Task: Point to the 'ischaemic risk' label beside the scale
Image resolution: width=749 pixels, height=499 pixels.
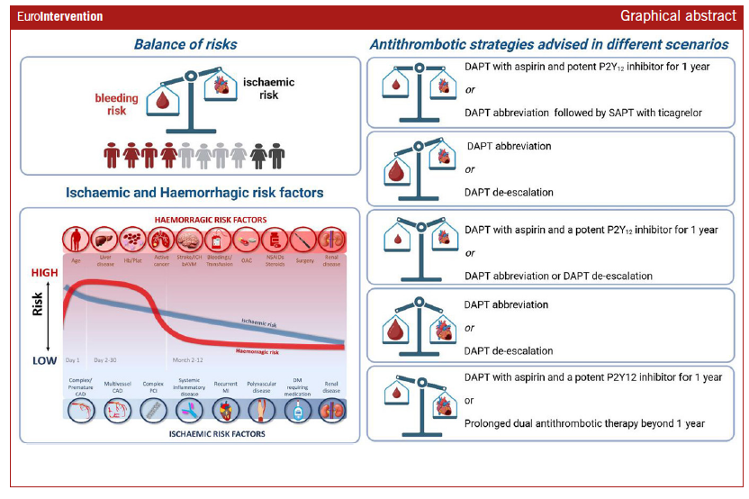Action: pyautogui.click(x=268, y=87)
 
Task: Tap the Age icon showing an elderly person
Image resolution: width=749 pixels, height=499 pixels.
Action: pyautogui.click(x=77, y=241)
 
